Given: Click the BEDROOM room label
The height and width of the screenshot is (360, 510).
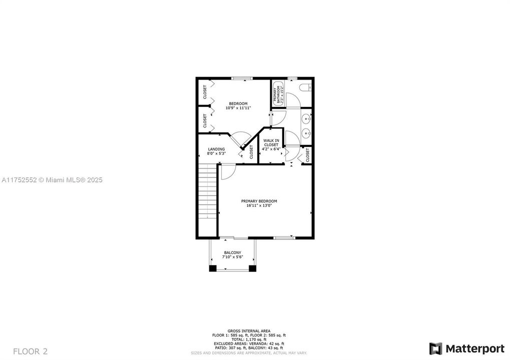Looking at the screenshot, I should tap(238, 103).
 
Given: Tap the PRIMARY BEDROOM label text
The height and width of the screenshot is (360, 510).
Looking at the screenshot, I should tap(261, 201).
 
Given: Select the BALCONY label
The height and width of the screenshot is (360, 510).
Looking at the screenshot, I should tap(233, 252).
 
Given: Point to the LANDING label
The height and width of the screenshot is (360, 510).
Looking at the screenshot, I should tap(217, 149).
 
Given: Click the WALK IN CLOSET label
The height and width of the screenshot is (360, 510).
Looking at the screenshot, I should tap(271, 142).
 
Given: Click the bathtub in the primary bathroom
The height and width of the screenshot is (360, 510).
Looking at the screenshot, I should tap(278, 93).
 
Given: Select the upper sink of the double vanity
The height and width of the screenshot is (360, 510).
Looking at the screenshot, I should tap(306, 118).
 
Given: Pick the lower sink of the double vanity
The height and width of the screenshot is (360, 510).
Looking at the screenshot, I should tap(306, 133).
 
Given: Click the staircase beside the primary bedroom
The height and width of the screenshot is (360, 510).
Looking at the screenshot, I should tap(207, 200).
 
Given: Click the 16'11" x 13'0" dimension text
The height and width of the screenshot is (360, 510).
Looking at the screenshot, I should tap(261, 205).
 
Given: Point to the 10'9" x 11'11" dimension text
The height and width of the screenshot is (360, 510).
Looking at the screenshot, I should tap(238, 108).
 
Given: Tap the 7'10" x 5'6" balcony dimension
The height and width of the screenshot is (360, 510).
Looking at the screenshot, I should tap(233, 257).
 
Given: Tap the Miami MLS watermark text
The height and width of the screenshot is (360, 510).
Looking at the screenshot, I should tap(52, 179).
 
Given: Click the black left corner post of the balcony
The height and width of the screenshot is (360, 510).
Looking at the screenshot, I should tap(213, 268).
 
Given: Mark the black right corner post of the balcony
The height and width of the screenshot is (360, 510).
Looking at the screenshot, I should tap(253, 268).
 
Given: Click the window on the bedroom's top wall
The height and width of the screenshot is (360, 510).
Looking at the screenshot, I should tap(242, 78).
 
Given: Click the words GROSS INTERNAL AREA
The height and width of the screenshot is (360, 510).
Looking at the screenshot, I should tap(249, 331).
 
